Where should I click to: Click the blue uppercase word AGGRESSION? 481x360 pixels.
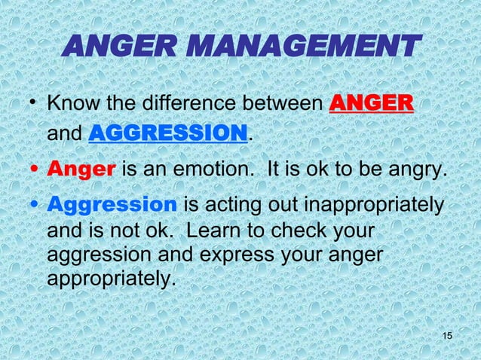pos(169,134)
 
